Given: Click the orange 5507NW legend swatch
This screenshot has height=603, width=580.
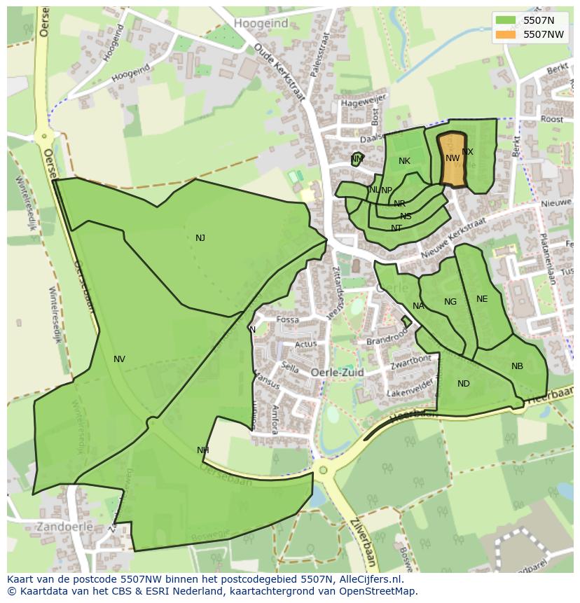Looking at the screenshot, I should coord(506,34).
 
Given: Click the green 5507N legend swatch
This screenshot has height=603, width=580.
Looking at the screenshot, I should coord(506,20).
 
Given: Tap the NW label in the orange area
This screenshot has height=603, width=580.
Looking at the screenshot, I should coord(453,158).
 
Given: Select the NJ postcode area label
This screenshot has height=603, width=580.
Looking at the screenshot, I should coord(200,238).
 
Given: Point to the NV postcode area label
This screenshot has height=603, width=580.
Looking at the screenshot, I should coord(119,359).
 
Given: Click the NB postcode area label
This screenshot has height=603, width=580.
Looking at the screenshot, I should coord(517,366).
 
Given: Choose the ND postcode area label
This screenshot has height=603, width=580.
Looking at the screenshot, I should coord(463,384).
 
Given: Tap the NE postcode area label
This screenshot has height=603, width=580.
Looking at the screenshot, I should coord(482,299).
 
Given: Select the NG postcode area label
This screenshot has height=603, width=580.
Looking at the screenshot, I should coord(450,302).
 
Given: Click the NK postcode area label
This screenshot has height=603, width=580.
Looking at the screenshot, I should coord(404,161).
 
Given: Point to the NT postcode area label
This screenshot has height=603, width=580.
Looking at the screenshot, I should coord(396,228).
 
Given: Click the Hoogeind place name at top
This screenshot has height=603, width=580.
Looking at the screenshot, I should coord(261,24).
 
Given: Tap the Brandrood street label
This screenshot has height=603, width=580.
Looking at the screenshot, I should coord(387,338).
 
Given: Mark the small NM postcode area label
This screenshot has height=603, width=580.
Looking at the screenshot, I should coord(357,159).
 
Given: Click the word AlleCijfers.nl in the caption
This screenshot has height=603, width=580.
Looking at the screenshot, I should coord(368,579).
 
